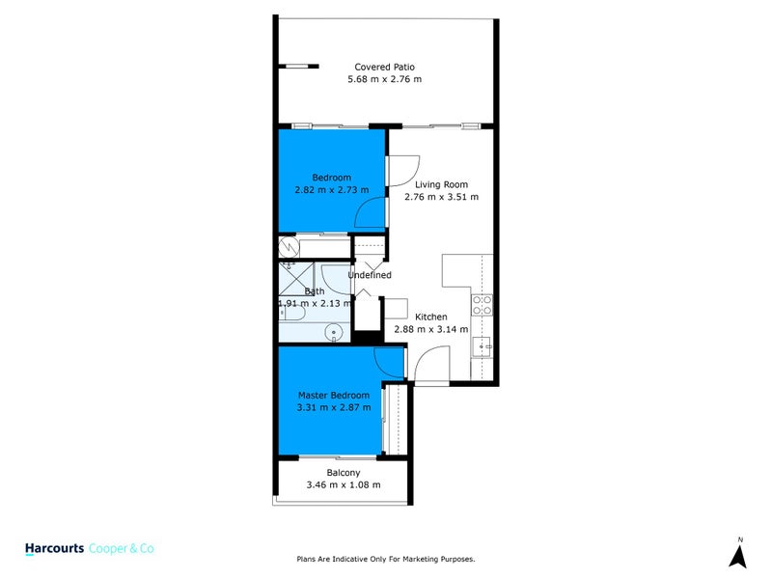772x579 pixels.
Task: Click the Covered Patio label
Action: point(384,67)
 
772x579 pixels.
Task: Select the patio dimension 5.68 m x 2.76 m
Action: point(384,79)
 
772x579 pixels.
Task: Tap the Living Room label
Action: point(441,184)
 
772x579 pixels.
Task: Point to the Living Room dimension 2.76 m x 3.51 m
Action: point(441,197)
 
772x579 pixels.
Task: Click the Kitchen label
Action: point(430,317)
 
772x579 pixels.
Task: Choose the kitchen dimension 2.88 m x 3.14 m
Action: point(430,329)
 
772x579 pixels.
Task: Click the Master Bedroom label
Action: point(333,396)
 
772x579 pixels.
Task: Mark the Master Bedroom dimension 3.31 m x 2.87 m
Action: point(333,408)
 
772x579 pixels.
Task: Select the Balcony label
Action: point(344,472)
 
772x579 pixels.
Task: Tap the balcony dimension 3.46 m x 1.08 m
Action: point(344,484)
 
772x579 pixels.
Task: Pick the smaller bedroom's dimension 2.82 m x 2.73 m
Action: point(331,190)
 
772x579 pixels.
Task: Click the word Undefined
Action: point(370,275)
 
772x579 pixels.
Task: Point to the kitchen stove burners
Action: point(482,305)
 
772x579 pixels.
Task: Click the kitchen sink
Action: point(486,345)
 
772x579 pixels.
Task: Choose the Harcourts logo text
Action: point(54,547)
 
